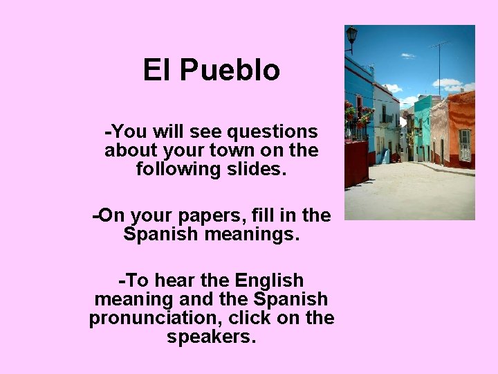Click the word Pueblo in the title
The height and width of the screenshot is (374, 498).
230,71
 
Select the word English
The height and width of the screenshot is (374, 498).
269,281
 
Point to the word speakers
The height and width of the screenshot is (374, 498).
211,337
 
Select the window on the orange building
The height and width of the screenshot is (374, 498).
464,144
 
